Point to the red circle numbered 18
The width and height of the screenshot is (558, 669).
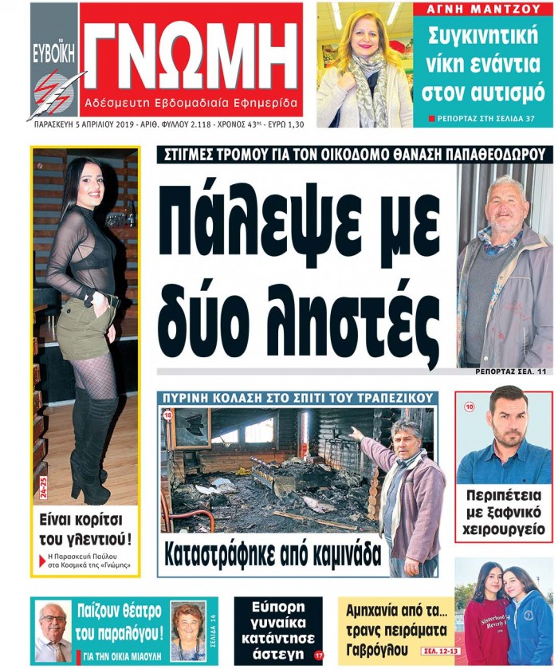pyautogui.click(x=168, y=415)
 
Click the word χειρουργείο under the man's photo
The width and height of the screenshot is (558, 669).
pyautogui.click(x=503, y=529)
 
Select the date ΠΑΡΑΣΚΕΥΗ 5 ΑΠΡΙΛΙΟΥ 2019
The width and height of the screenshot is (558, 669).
pyautogui.click(x=84, y=124)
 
